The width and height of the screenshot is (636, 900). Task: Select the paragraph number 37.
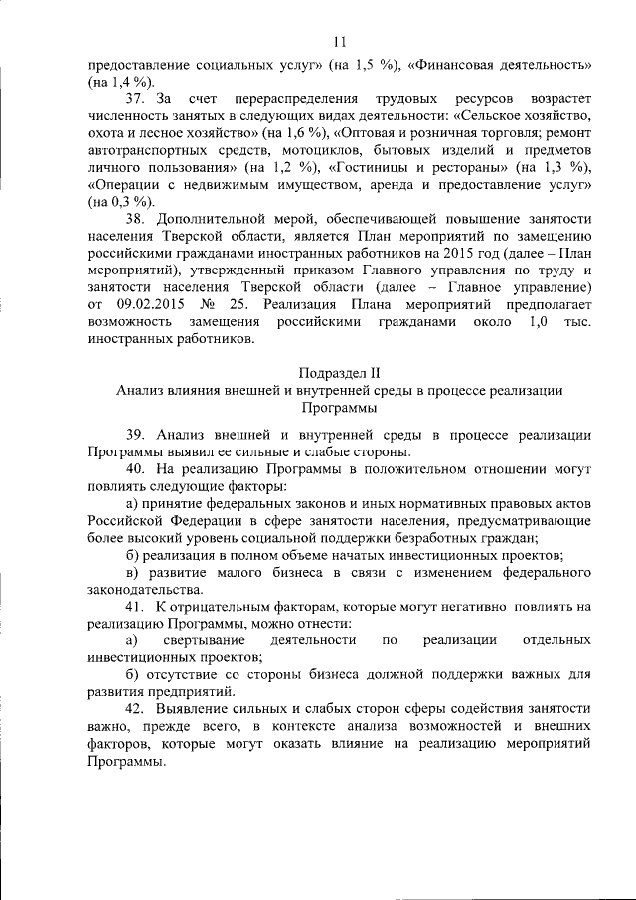click(x=135, y=102)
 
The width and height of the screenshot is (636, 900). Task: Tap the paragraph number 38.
click(x=135, y=220)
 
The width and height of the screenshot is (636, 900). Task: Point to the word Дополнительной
click(x=213, y=220)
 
